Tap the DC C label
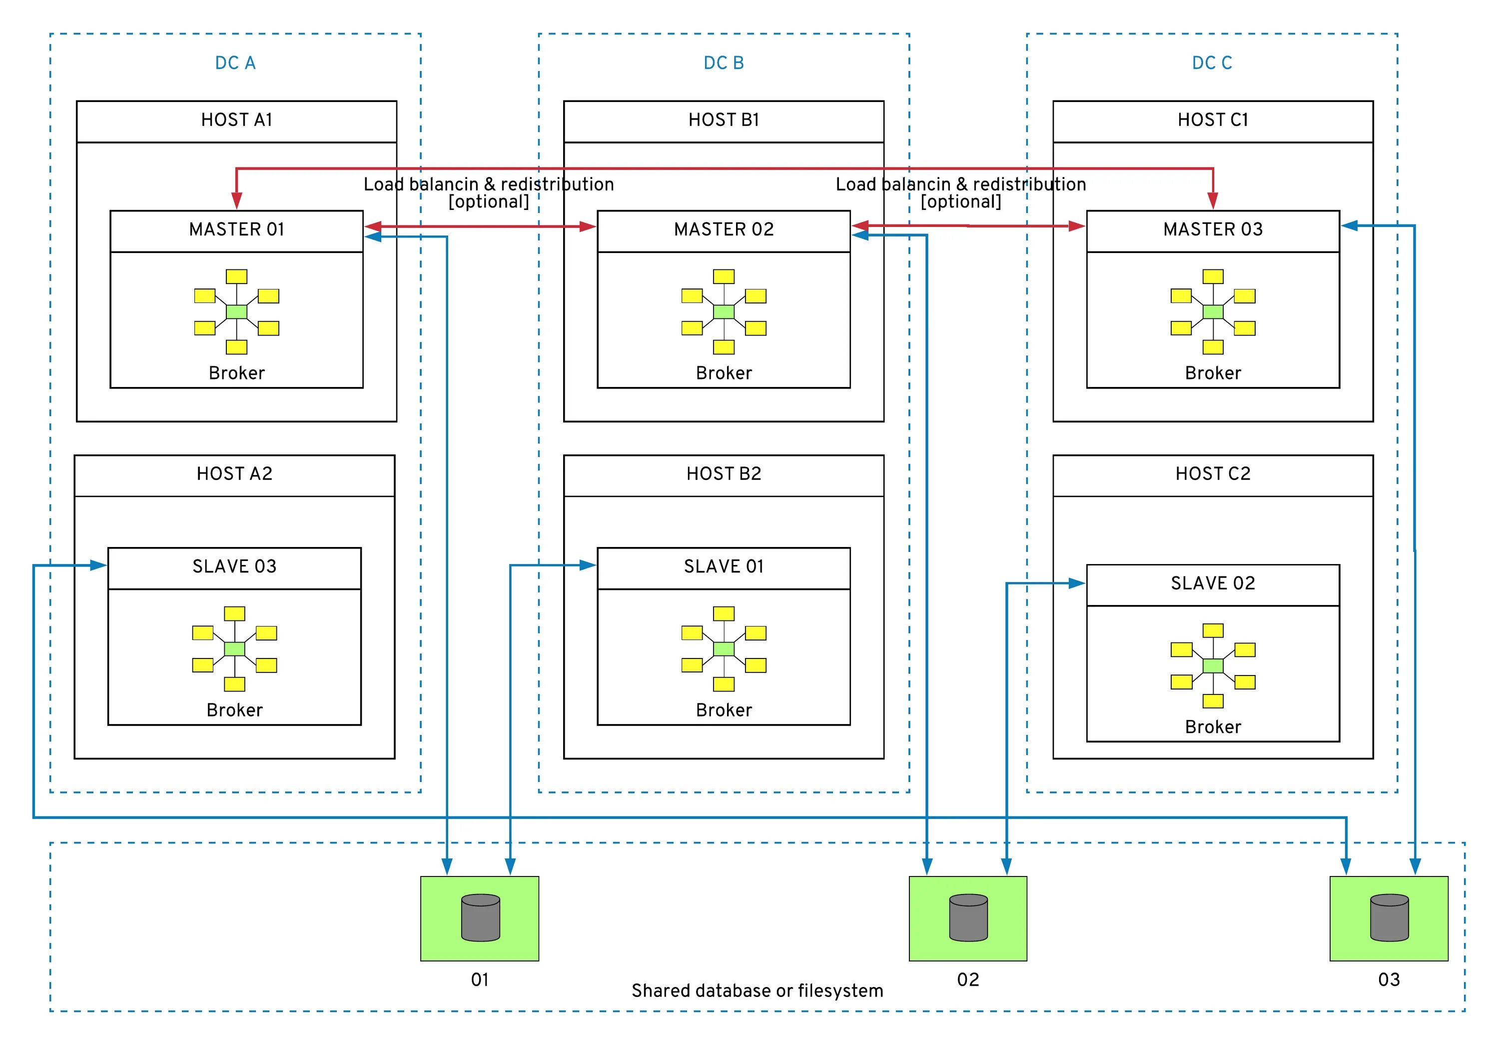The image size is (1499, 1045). click(1212, 62)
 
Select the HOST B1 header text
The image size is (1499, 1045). click(724, 119)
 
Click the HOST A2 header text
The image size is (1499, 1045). click(234, 473)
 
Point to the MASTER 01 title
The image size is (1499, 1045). click(236, 229)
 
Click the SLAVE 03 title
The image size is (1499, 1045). click(234, 566)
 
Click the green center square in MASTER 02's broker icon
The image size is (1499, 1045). click(724, 311)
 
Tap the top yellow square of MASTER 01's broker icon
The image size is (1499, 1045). click(236, 276)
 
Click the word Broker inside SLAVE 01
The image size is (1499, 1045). click(724, 710)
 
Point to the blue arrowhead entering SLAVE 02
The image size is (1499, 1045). click(1077, 583)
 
